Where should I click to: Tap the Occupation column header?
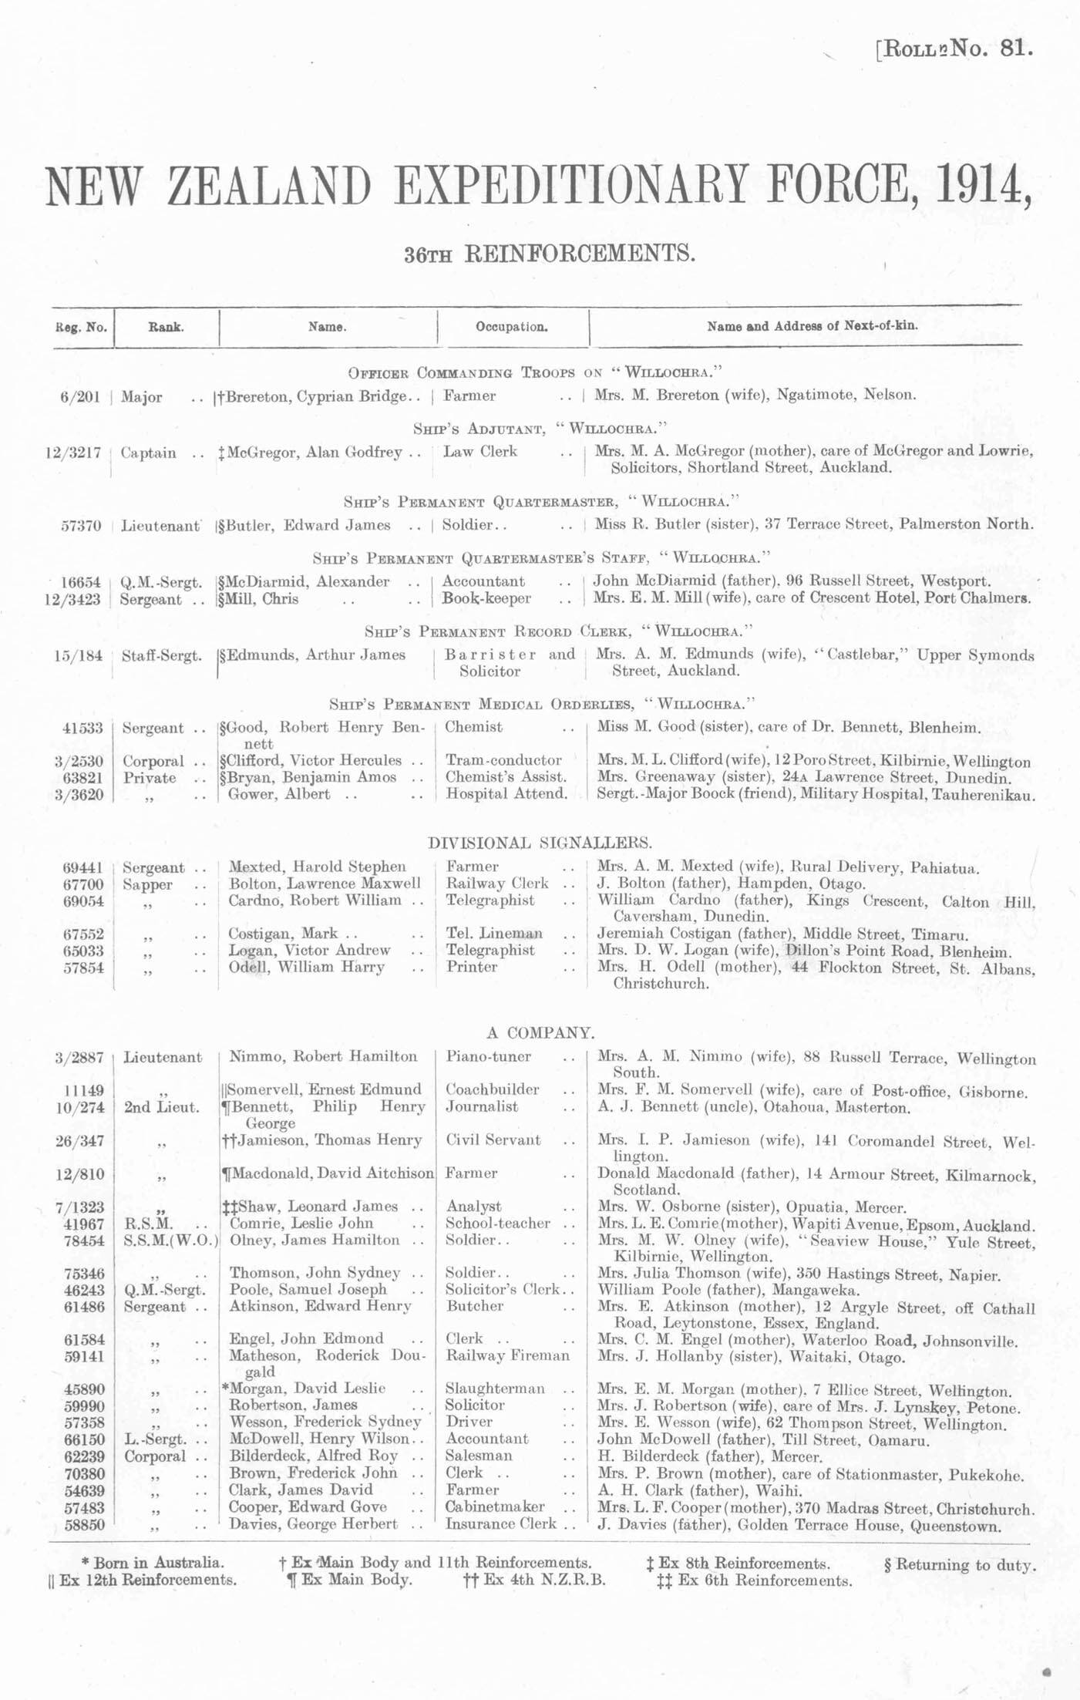(511, 327)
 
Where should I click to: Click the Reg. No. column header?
(80, 327)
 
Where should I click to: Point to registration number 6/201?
(80, 397)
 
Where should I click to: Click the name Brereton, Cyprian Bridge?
(316, 396)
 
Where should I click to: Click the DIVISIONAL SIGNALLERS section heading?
(540, 843)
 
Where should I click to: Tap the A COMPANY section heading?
(540, 1033)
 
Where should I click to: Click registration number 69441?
(82, 867)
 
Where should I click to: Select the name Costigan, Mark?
(282, 934)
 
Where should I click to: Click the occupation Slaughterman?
(494, 1389)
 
